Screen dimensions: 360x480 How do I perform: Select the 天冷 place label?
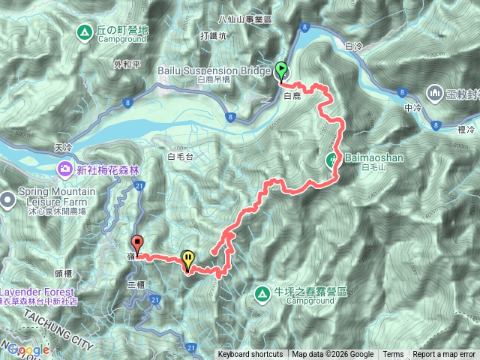(65, 149)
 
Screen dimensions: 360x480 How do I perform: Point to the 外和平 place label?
(128, 64)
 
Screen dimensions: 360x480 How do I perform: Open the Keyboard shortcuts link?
(250, 355)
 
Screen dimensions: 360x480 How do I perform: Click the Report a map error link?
(445, 355)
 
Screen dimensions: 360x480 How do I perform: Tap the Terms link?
(393, 355)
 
